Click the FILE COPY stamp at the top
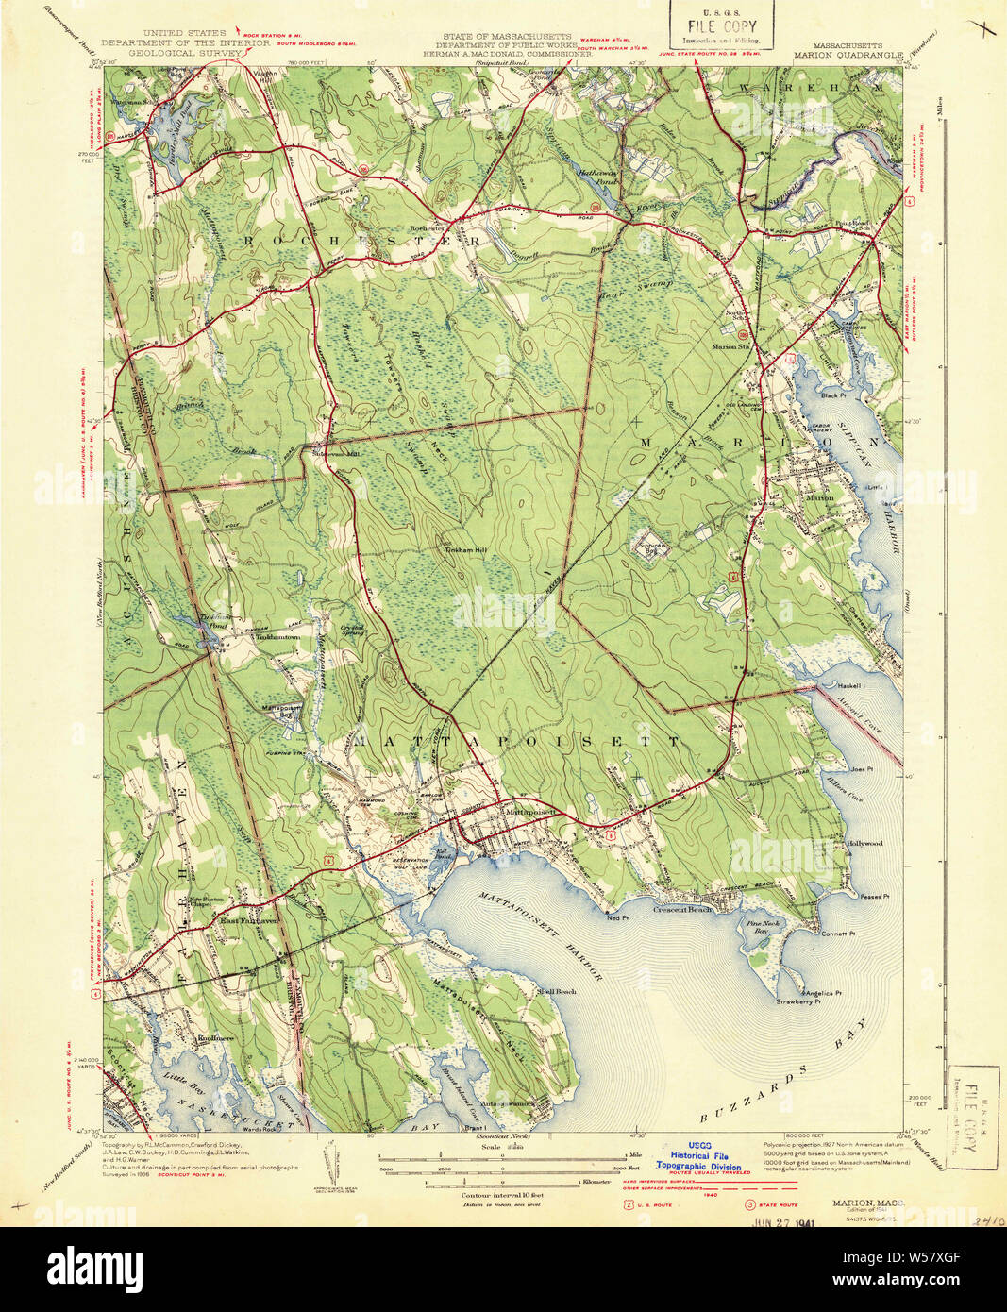[722, 25]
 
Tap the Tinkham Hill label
[465, 548]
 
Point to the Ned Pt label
[618, 916]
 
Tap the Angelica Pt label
[823, 993]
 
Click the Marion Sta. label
[730, 346]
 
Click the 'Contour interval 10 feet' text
[502, 1195]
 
